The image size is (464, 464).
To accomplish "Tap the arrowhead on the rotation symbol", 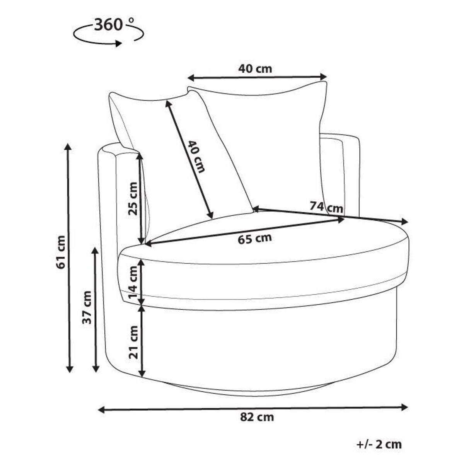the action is pyautogui.click(x=118, y=44).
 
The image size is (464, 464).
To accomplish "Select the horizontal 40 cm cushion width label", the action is pyautogui.click(x=255, y=69).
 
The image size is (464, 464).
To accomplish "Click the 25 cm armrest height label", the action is pyautogui.click(x=133, y=199).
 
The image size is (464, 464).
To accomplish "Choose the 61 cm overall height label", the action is pyautogui.click(x=61, y=252).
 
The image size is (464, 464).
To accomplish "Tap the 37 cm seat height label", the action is pyautogui.click(x=87, y=307).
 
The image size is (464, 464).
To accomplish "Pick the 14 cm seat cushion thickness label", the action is pyautogui.click(x=133, y=282).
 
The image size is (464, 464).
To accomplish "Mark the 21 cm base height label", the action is pyautogui.click(x=133, y=342).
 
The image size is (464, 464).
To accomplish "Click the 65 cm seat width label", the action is pyautogui.click(x=255, y=239).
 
